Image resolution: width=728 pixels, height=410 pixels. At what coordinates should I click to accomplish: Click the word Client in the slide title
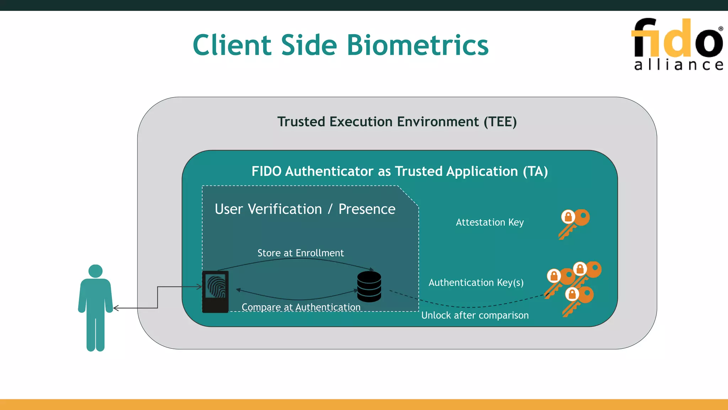[x=232, y=45]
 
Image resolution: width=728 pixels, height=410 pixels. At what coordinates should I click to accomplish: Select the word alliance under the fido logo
[x=678, y=65]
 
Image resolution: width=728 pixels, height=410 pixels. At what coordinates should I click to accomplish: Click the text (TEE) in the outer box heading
[x=500, y=122]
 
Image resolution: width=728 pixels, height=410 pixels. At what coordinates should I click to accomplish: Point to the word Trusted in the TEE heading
[x=301, y=122]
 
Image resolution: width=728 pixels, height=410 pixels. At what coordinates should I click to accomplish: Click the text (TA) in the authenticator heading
[x=535, y=171]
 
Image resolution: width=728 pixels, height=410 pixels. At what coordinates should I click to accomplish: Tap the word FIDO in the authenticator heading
[x=266, y=171]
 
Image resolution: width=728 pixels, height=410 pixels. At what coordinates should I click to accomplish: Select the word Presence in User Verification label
[x=366, y=209]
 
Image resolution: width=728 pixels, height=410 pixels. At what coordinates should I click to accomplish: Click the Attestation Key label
[x=489, y=222]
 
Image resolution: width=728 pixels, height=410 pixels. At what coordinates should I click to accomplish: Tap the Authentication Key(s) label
[x=476, y=282]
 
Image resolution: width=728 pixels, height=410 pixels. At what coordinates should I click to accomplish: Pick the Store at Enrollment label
[x=300, y=253]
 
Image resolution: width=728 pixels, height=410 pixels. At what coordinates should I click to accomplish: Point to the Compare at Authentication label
[x=301, y=307]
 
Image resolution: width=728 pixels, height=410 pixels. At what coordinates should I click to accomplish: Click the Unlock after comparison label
[x=475, y=315]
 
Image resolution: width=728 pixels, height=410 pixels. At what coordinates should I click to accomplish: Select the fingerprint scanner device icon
[x=215, y=291]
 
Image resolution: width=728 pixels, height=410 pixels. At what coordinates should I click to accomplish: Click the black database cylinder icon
[x=369, y=287]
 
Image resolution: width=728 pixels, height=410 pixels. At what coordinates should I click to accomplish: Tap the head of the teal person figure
[x=95, y=271]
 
